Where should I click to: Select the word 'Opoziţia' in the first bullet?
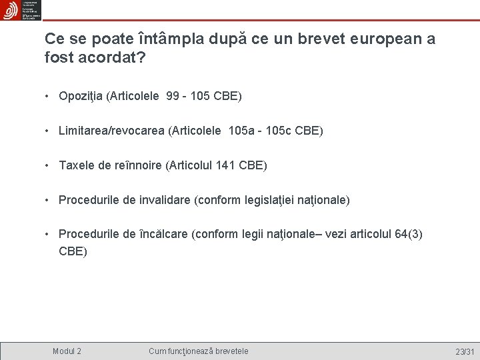pyautogui.click(x=81, y=97)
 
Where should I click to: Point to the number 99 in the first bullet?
pyautogui.click(x=173, y=97)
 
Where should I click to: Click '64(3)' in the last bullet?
pyautogui.click(x=407, y=235)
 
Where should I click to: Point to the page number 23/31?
pyautogui.click(x=464, y=351)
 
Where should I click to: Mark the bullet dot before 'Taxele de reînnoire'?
pyautogui.click(x=48, y=165)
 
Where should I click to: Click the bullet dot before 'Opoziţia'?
pyautogui.click(x=48, y=97)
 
